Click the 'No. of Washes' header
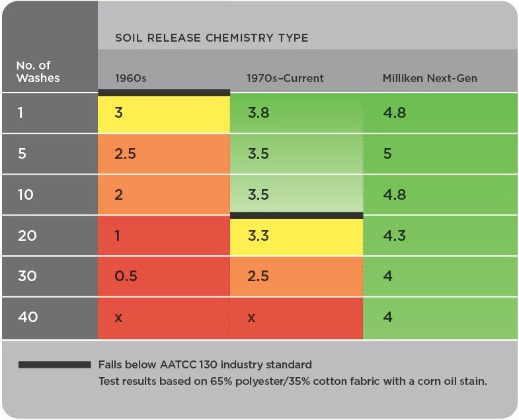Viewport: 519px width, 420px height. point(38,71)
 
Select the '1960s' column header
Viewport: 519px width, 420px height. point(130,78)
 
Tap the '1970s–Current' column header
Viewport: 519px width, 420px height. point(285,78)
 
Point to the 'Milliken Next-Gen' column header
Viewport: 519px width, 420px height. point(430,78)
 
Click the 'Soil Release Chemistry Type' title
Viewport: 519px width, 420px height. point(212,38)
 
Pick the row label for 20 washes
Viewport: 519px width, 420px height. point(28,235)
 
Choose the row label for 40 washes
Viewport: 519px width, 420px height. point(28,317)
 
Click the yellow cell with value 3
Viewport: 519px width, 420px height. point(164,113)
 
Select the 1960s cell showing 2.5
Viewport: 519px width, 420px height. point(164,154)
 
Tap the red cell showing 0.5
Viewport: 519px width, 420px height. point(164,276)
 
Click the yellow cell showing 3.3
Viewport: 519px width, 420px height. point(296,236)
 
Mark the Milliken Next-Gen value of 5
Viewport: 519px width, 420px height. point(439,154)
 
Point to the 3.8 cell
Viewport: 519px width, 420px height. point(296,113)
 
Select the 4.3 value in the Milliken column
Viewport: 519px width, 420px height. point(439,235)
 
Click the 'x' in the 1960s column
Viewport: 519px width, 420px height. point(119,317)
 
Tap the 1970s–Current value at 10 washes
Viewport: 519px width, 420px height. point(296,195)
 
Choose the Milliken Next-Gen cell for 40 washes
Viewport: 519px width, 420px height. point(439,317)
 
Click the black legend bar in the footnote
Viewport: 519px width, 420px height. point(54,364)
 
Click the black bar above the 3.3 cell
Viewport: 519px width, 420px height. point(296,215)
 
